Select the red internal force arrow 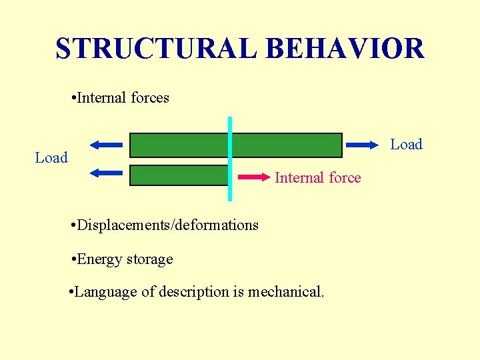tap(255, 177)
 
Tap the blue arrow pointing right tap(362, 144)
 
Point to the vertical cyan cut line tap(230, 159)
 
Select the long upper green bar tap(287, 145)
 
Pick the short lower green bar tap(178, 175)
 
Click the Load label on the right tap(406, 145)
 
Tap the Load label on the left tap(51, 158)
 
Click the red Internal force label tap(318, 178)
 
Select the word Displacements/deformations tap(168, 225)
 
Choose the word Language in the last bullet tap(106, 292)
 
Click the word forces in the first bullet tap(150, 98)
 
